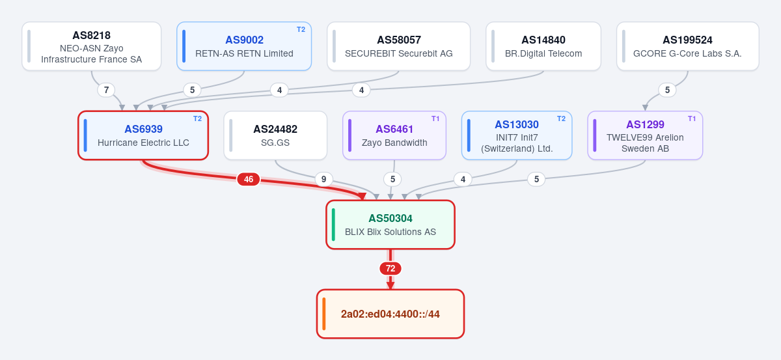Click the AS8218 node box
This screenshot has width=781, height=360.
pos(91,46)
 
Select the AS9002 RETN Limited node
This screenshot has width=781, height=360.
pos(244,46)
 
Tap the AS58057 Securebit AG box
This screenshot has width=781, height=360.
pos(398,46)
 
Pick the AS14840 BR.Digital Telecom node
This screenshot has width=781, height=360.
pos(543,46)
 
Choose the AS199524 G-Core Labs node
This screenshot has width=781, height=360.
pos(687,46)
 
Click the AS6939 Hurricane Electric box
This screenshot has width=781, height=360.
pos(143,135)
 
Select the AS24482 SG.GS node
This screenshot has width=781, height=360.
pos(275,135)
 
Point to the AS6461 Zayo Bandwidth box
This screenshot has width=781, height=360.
pos(394,135)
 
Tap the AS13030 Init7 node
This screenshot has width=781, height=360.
pos(517,135)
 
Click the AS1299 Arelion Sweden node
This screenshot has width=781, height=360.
pos(645,135)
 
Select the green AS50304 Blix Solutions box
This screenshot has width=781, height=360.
pos(390,225)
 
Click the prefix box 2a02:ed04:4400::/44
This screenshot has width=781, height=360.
pos(390,314)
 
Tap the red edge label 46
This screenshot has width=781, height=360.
pos(248,179)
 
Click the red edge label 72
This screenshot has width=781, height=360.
pos(390,269)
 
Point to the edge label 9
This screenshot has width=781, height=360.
pos(324,179)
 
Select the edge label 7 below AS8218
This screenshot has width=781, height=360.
pos(106,90)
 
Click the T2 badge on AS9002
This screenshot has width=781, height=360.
pos(301,29)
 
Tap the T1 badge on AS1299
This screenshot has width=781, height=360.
pos(692,118)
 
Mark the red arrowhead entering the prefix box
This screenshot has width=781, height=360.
pos(390,285)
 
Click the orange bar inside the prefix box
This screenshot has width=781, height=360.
pos(324,314)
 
